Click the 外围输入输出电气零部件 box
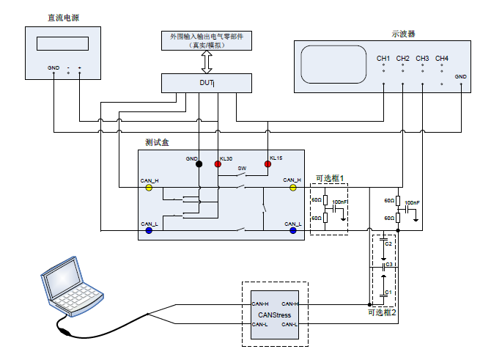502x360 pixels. (x=207, y=40)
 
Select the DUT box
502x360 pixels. (x=207, y=83)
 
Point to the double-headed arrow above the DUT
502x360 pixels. (x=207, y=62)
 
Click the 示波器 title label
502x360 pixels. (x=403, y=33)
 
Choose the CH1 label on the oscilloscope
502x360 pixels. (x=383, y=58)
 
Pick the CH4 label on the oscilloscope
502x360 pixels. (x=441, y=58)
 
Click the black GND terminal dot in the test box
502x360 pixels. (x=199, y=164)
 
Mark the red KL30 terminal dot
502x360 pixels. (x=218, y=164)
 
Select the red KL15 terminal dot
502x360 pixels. (x=267, y=164)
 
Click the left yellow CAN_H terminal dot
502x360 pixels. (x=149, y=188)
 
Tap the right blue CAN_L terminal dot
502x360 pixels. (x=293, y=230)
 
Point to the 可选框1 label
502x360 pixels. (x=329, y=178)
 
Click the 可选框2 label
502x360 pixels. (x=382, y=312)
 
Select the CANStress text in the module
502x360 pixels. (x=275, y=315)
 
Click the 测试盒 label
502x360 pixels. (x=158, y=141)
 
